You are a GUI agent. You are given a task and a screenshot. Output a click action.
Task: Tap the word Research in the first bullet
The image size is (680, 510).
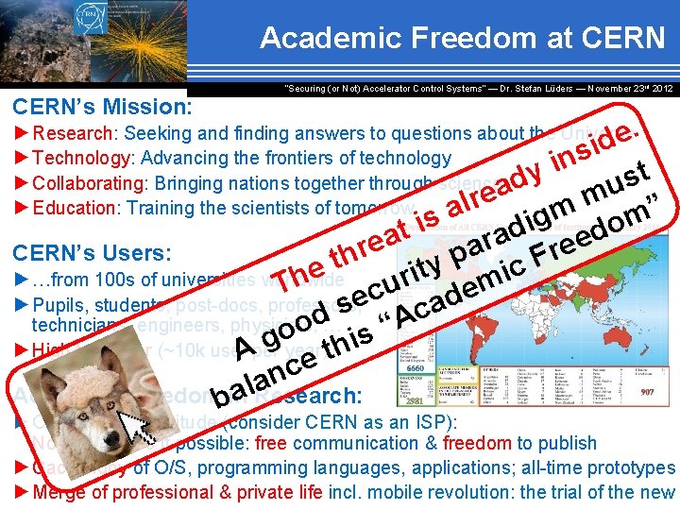pyautogui.click(x=79, y=134)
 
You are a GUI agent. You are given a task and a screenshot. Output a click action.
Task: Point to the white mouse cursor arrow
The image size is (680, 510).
pyautogui.click(x=140, y=424)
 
